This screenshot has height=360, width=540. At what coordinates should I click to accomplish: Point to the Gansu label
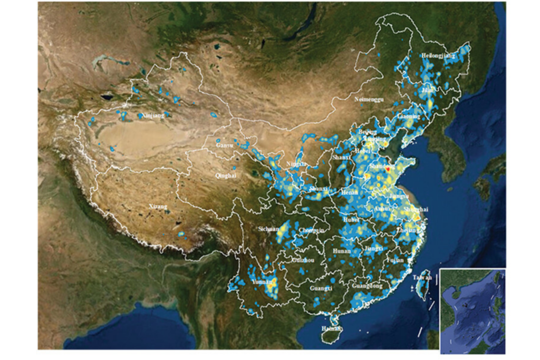coord(225,144)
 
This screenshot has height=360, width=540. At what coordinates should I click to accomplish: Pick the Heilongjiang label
coord(438,55)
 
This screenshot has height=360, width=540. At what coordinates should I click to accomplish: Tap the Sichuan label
coord(268,229)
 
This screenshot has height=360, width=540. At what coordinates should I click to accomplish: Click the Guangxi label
coord(321,289)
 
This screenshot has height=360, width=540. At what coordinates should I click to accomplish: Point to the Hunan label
coord(342,252)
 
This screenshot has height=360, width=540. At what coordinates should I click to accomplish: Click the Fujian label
coord(395,260)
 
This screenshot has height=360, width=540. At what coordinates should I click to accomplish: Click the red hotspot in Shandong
coord(388,170)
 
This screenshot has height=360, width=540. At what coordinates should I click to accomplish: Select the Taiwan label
coord(422,277)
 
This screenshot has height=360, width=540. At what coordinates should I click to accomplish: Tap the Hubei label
coord(350,219)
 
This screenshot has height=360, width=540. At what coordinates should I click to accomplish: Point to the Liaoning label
coord(410,116)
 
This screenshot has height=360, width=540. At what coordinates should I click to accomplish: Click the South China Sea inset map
coord(472,310)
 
